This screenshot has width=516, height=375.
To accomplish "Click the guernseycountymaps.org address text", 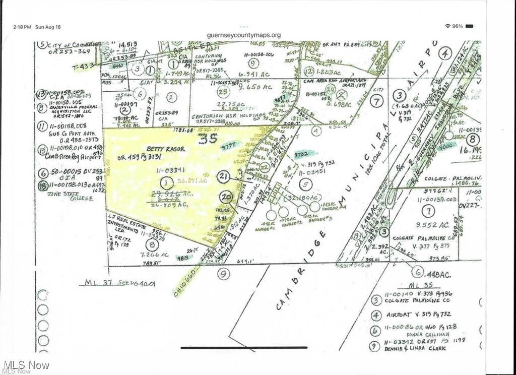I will (244, 35).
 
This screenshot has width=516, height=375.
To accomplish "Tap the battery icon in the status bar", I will (469, 26).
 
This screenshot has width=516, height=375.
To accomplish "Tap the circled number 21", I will (225, 176).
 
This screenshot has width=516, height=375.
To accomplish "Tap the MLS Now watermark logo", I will (26, 365).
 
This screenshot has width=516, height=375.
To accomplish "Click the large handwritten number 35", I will (207, 138).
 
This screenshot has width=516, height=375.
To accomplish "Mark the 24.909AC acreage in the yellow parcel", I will (169, 204).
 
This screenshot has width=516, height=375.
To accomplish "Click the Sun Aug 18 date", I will (48, 26).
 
